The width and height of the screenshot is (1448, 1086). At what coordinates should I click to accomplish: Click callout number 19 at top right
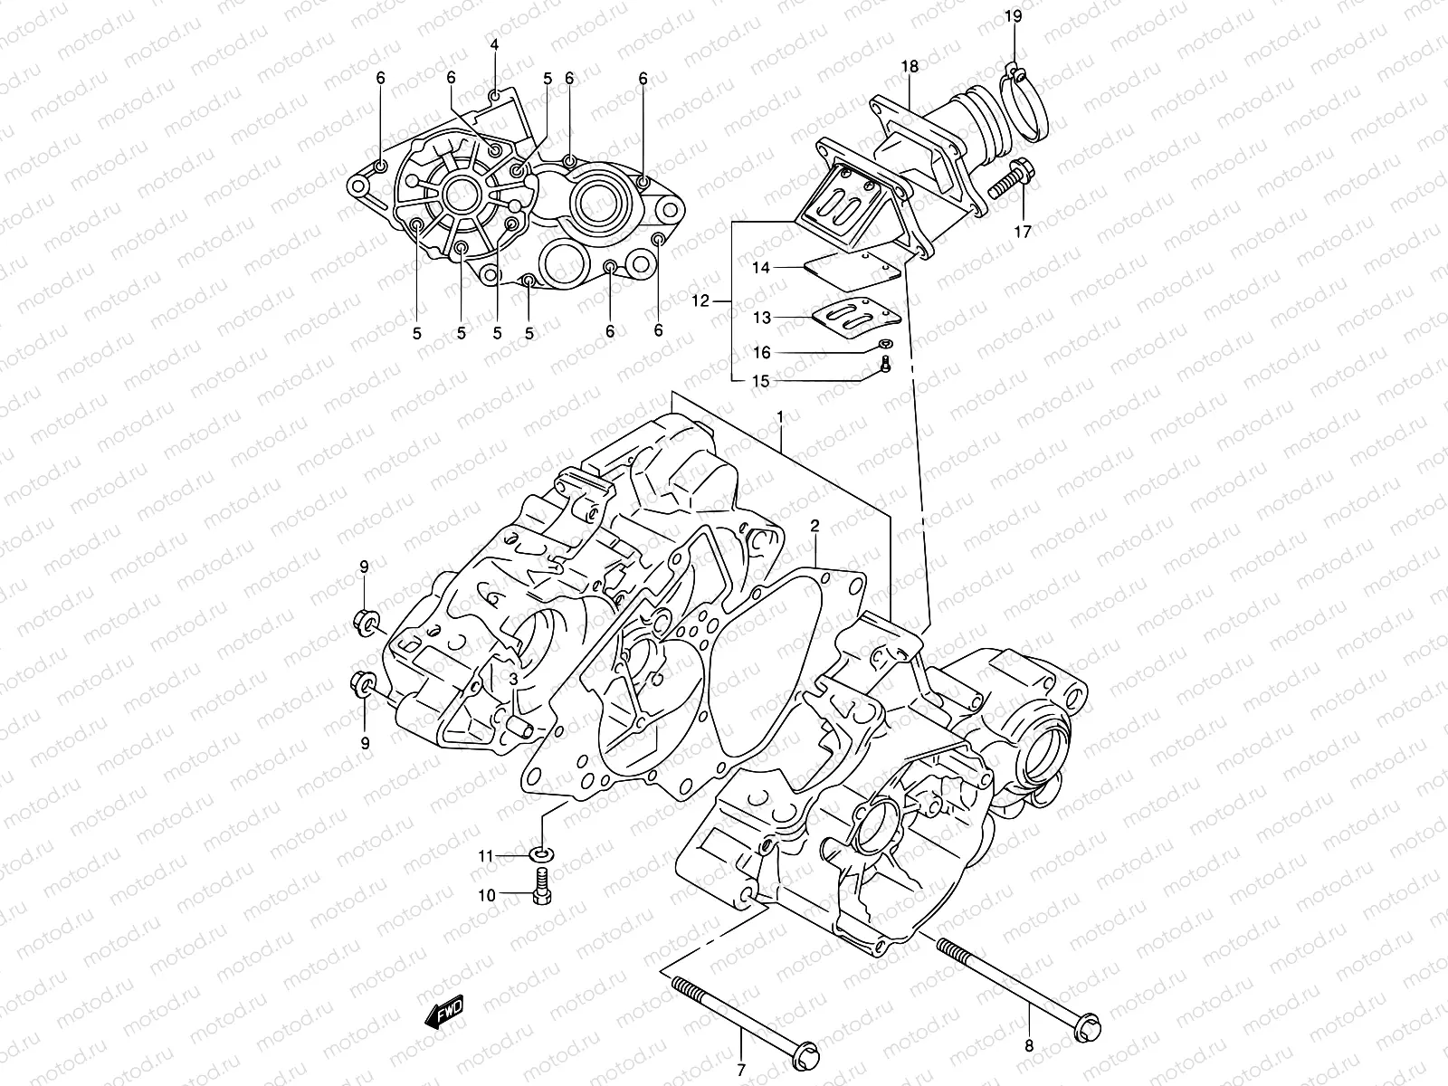point(1013,15)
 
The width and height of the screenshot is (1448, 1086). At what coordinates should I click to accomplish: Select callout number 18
point(910,66)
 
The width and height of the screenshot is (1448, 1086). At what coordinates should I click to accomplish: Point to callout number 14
point(760,268)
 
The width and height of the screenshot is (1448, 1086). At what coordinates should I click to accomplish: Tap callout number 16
point(761,352)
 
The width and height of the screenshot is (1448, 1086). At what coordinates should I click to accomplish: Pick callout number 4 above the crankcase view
point(494,44)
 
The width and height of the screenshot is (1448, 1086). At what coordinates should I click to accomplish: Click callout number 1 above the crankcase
point(780,417)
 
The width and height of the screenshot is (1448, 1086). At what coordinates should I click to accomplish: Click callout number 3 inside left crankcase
point(512,678)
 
